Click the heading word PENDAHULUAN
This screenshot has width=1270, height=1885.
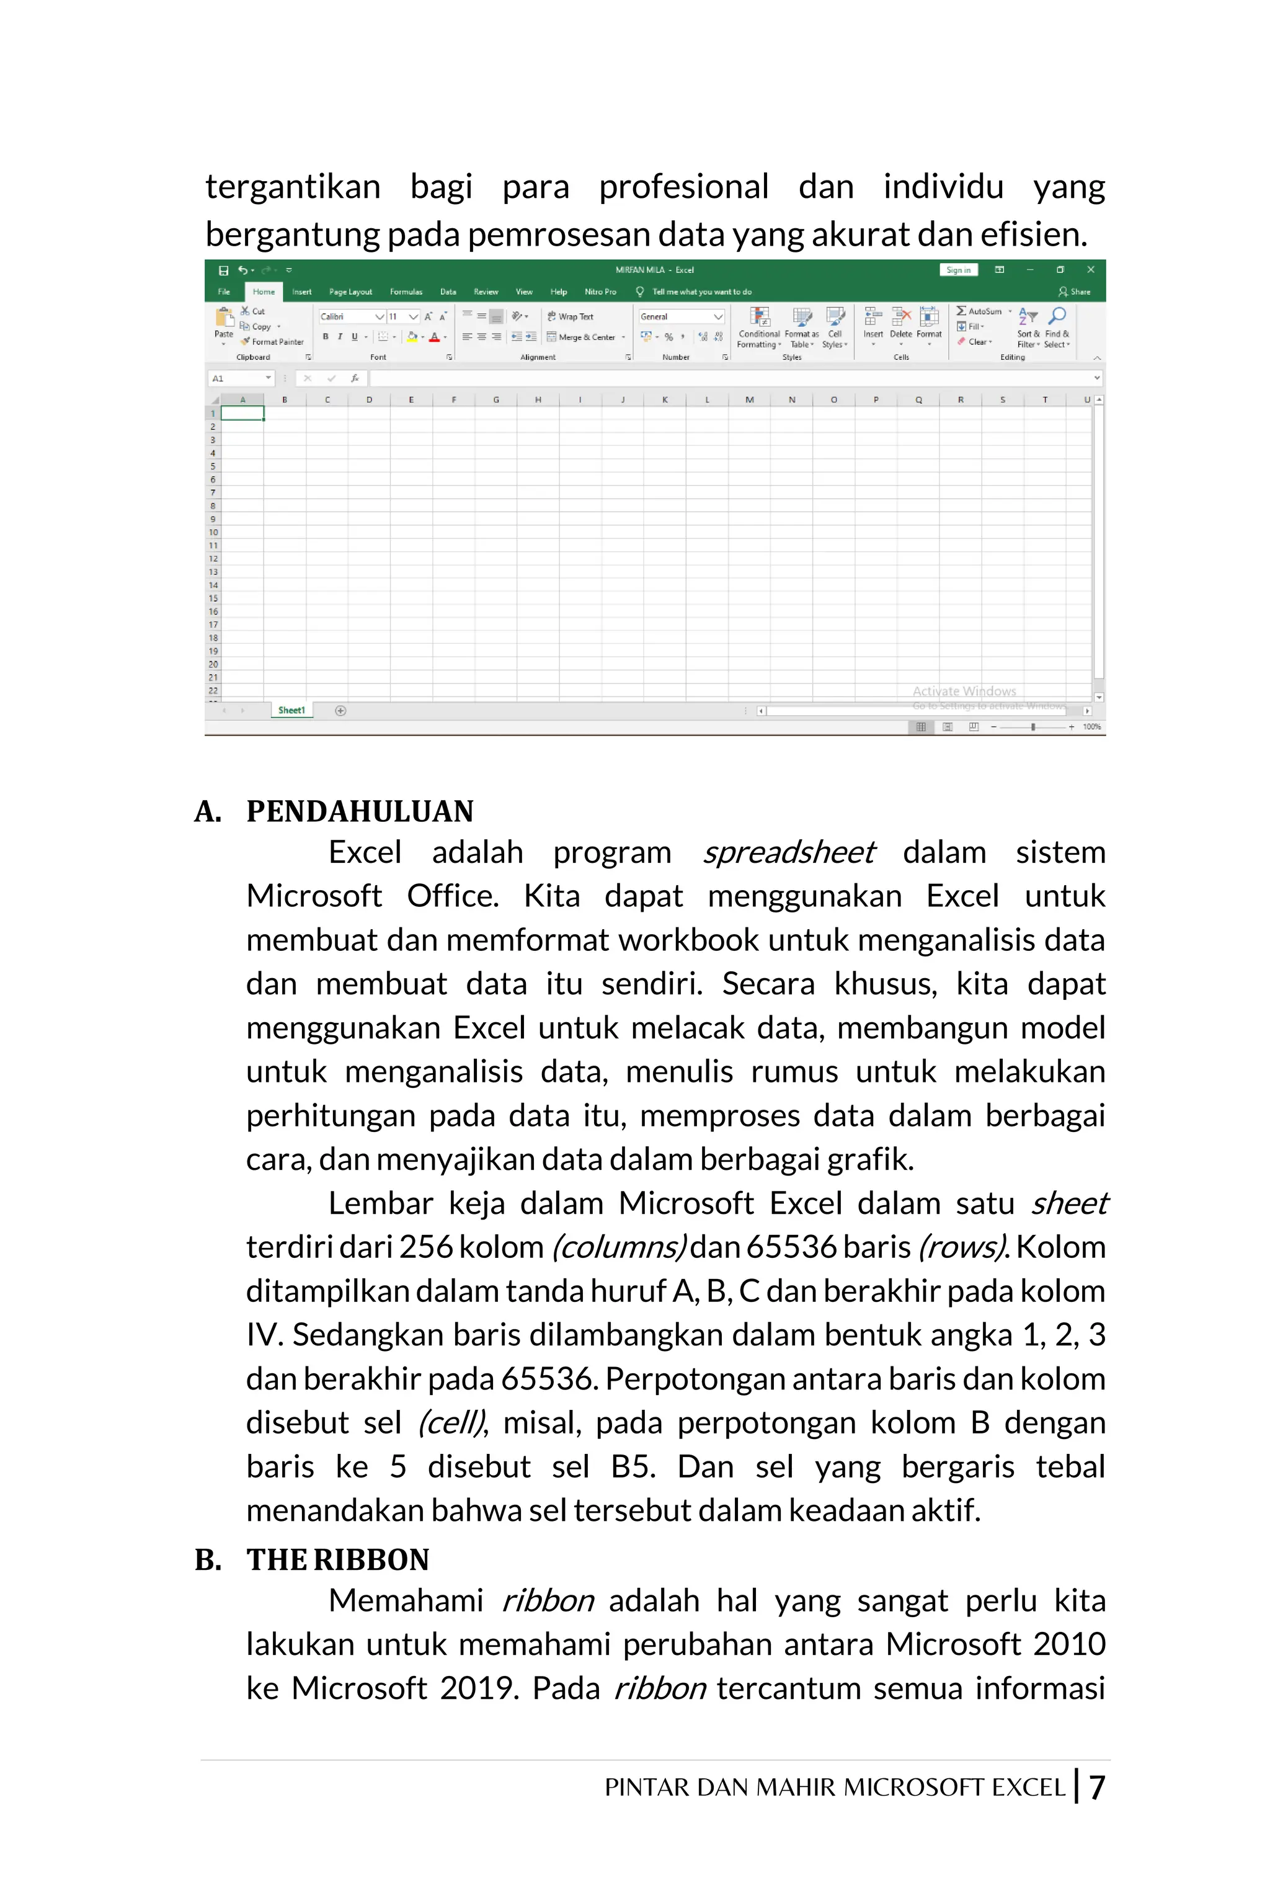pos(360,811)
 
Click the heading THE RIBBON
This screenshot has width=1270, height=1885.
pos(338,1559)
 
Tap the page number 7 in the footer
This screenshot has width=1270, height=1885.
pos(1096,1787)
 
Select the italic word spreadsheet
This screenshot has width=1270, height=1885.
pos(788,852)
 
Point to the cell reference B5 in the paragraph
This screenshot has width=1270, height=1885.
pos(633,1466)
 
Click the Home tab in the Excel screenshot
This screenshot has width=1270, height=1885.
pos(263,292)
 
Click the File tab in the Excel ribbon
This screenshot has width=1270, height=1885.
pos(223,292)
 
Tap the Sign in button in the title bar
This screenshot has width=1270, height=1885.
pos(958,270)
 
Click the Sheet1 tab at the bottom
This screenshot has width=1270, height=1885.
pos(291,710)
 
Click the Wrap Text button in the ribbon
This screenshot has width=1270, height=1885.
pos(571,317)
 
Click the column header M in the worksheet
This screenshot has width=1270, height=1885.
pos(749,399)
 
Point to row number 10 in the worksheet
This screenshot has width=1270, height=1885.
pos(213,532)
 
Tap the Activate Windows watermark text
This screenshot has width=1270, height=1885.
pos(964,691)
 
